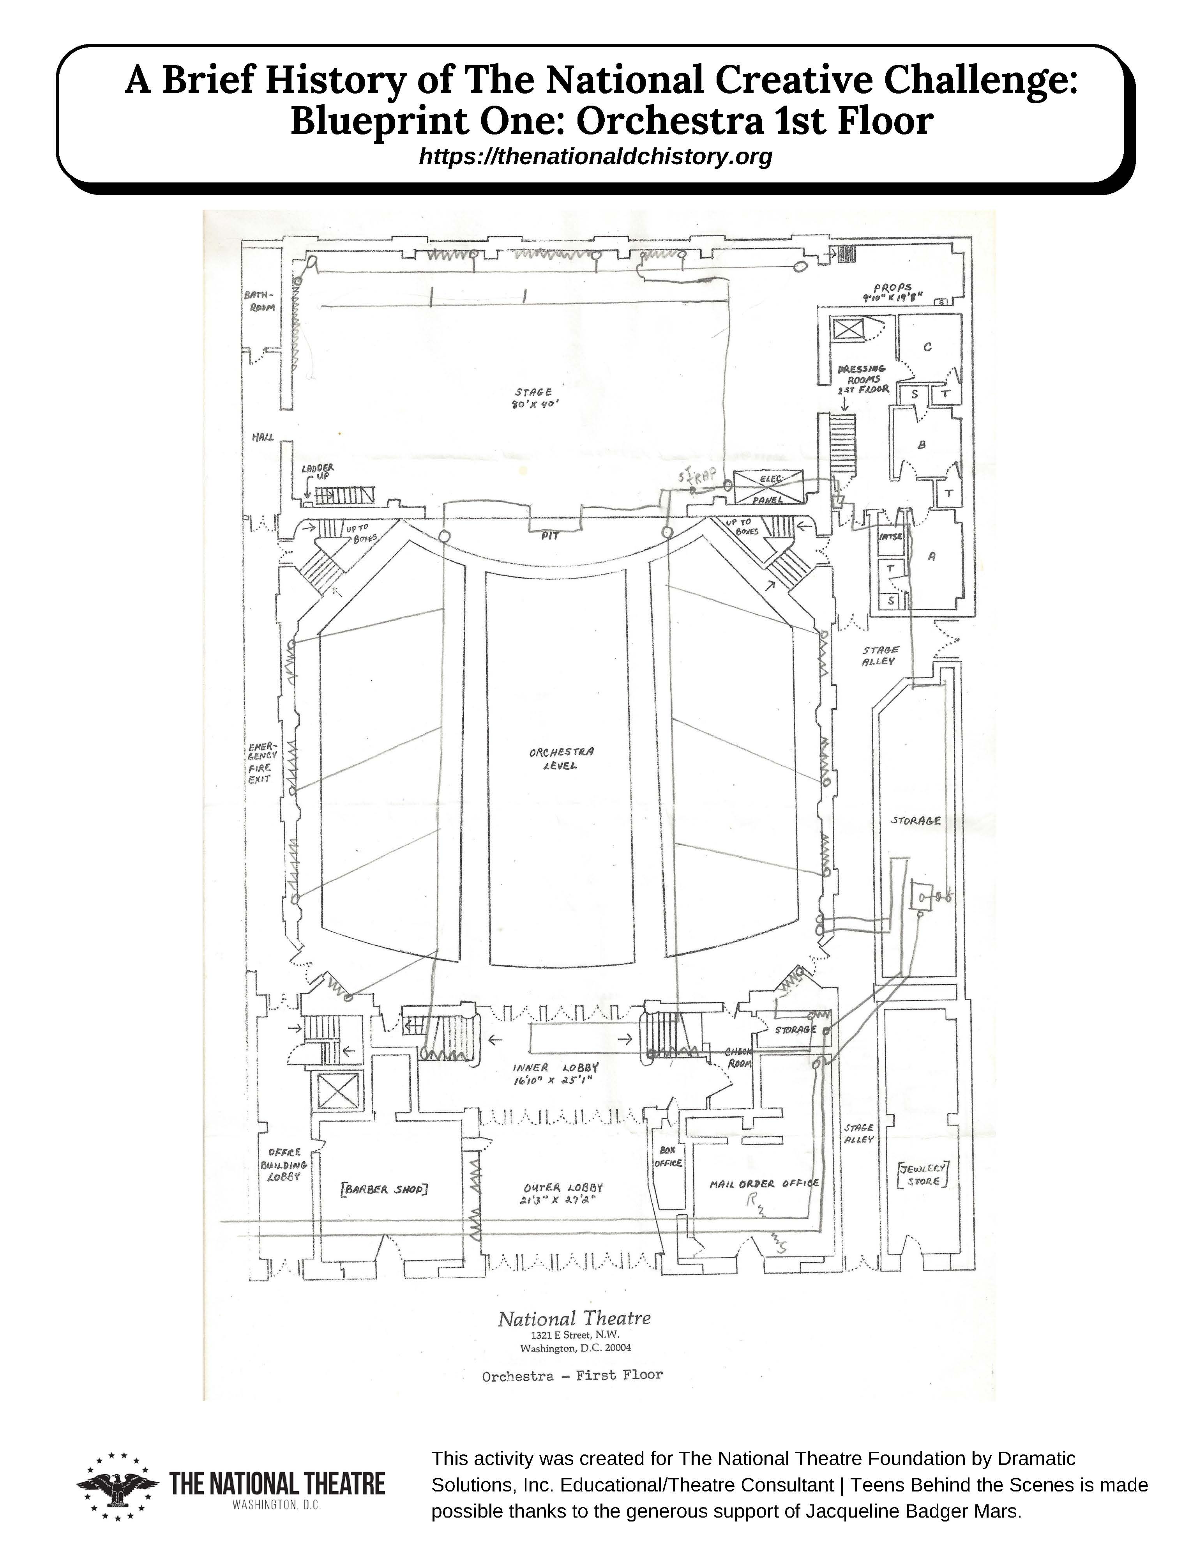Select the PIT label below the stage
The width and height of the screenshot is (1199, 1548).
pyautogui.click(x=550, y=536)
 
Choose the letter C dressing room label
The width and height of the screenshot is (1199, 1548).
pyautogui.click(x=927, y=347)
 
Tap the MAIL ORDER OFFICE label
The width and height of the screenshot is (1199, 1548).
pyautogui.click(x=764, y=1184)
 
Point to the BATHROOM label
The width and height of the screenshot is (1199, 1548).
pyautogui.click(x=260, y=300)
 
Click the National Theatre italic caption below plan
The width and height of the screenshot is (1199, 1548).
pyautogui.click(x=574, y=1318)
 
